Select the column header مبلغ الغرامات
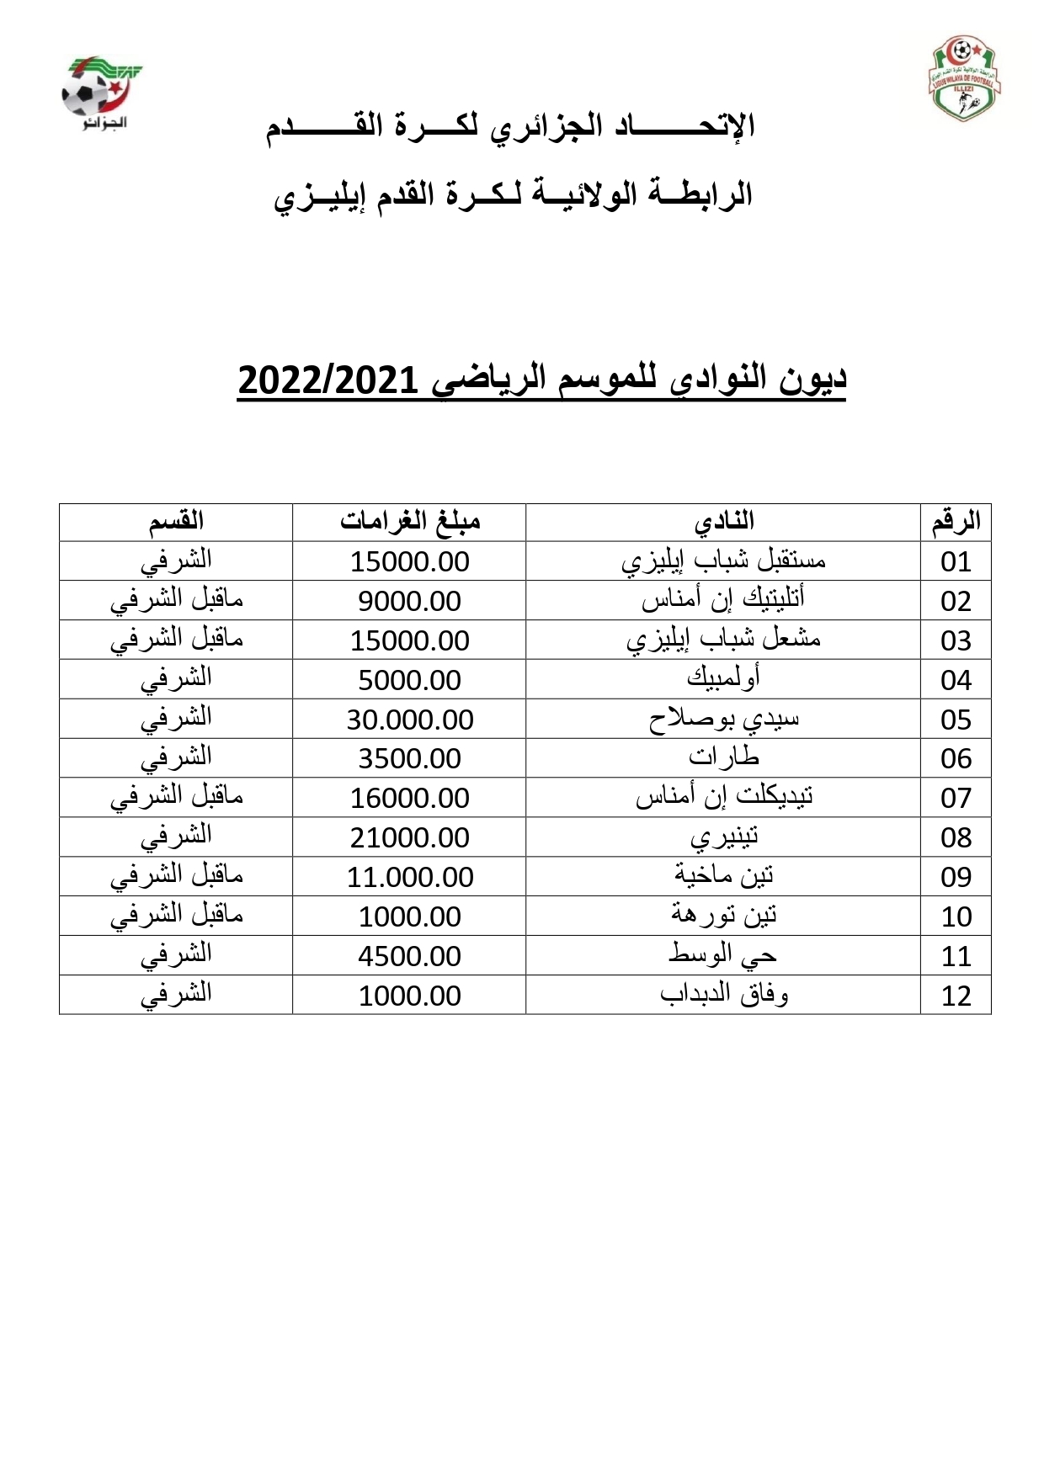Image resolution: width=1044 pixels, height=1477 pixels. (410, 522)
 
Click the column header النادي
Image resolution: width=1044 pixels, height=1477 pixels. (724, 522)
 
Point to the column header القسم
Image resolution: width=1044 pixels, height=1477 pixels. (176, 522)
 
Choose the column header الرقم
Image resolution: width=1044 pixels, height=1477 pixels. (956, 522)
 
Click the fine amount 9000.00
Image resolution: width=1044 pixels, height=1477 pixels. (410, 601)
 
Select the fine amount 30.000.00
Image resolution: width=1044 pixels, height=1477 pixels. (410, 720)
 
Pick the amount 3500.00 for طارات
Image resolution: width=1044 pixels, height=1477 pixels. (410, 758)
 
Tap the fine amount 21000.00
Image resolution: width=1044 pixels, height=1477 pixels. (410, 837)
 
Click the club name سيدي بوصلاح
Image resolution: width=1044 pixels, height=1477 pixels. (724, 719)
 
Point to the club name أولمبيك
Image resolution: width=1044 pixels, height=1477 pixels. (724, 678)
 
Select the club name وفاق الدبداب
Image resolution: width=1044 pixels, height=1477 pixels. (724, 995)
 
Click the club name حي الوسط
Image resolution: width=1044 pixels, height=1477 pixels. (724, 955)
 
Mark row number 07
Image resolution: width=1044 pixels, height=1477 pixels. (956, 798)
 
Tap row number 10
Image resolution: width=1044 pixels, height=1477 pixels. (956, 916)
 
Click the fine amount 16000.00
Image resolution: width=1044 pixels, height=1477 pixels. (410, 798)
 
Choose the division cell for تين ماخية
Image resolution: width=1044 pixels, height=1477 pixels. (176, 876)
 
